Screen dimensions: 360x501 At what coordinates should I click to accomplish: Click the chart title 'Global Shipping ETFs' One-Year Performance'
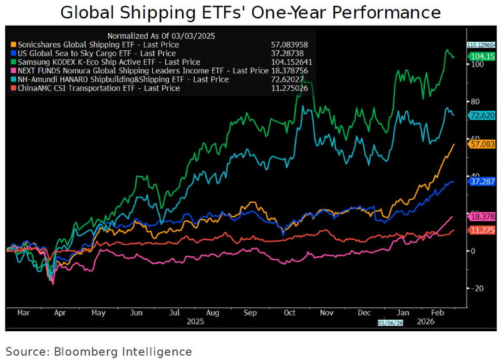(x=250, y=13)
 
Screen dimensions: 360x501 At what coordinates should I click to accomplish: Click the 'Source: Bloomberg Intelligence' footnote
(x=98, y=351)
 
